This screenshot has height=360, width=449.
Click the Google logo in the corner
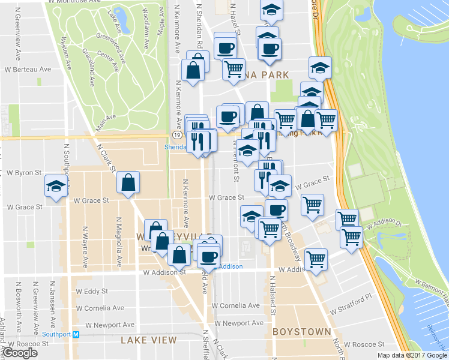click(20, 352)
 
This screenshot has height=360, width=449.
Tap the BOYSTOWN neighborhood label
click(301, 331)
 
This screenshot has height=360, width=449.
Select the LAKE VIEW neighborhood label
click(148, 340)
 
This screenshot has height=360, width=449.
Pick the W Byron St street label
click(23, 172)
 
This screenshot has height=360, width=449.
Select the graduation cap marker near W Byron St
click(56, 187)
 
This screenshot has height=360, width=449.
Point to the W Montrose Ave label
click(73, 2)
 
